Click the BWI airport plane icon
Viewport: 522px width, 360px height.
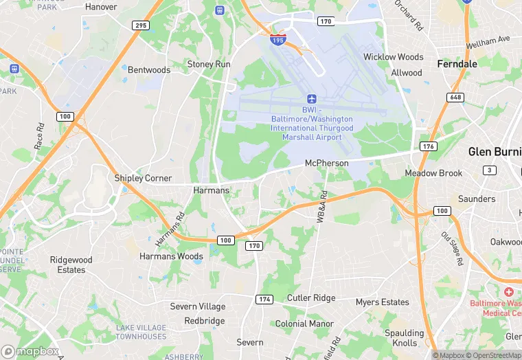click(312, 99)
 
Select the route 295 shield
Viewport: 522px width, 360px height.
click(140, 25)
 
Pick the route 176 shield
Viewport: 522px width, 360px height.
click(429, 146)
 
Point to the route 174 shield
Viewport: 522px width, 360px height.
click(264, 300)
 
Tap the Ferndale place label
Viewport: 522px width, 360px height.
click(457, 63)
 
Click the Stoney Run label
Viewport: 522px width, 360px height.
click(209, 65)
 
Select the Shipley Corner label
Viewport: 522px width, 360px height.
click(143, 178)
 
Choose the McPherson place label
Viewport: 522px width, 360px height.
click(327, 164)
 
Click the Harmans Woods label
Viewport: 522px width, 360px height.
click(171, 256)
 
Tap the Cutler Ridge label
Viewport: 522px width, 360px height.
click(311, 298)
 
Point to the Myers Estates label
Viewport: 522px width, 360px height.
click(382, 302)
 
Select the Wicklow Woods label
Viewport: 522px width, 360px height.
click(394, 57)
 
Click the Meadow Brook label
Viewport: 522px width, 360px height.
click(433, 173)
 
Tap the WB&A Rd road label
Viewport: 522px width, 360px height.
click(321, 206)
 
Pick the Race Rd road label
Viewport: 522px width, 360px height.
click(39, 137)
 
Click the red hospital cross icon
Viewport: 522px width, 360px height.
click(509, 292)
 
